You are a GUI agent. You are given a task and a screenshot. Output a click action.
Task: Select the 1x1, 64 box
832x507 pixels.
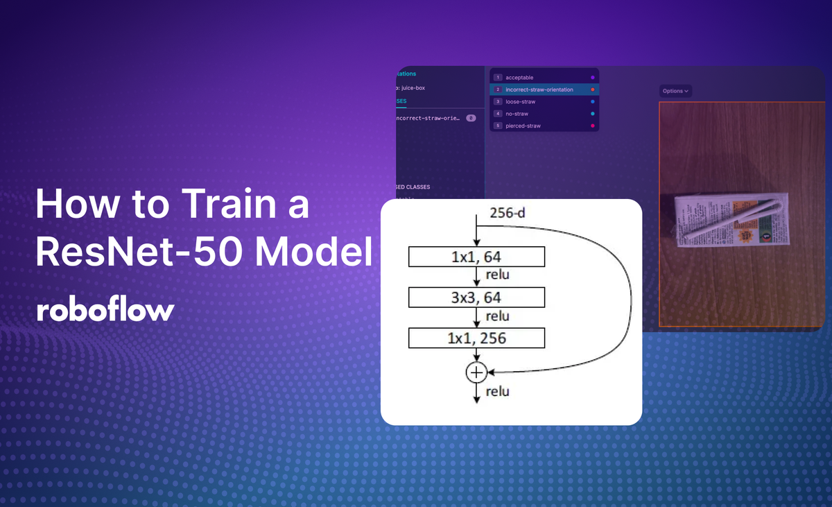click(476, 257)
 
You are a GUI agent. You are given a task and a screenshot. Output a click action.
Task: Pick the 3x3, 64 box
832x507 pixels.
click(476, 298)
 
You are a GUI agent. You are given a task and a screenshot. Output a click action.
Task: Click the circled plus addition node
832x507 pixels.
click(476, 372)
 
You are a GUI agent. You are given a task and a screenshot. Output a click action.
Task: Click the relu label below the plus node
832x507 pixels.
click(497, 392)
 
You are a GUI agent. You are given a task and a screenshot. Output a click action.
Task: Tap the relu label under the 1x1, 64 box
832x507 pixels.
click(497, 275)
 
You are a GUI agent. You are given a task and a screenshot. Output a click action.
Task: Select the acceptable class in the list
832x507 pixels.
click(519, 78)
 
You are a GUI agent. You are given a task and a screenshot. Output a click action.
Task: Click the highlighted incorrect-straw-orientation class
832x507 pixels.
click(539, 89)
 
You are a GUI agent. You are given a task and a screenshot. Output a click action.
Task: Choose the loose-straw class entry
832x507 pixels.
click(520, 102)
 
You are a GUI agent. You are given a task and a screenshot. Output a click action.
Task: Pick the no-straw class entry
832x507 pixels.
click(517, 114)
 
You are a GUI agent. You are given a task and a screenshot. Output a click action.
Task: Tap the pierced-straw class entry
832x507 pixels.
click(523, 126)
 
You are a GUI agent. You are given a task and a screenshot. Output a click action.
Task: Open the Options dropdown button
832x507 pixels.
click(675, 91)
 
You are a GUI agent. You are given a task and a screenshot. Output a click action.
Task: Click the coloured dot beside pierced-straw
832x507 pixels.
click(592, 126)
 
